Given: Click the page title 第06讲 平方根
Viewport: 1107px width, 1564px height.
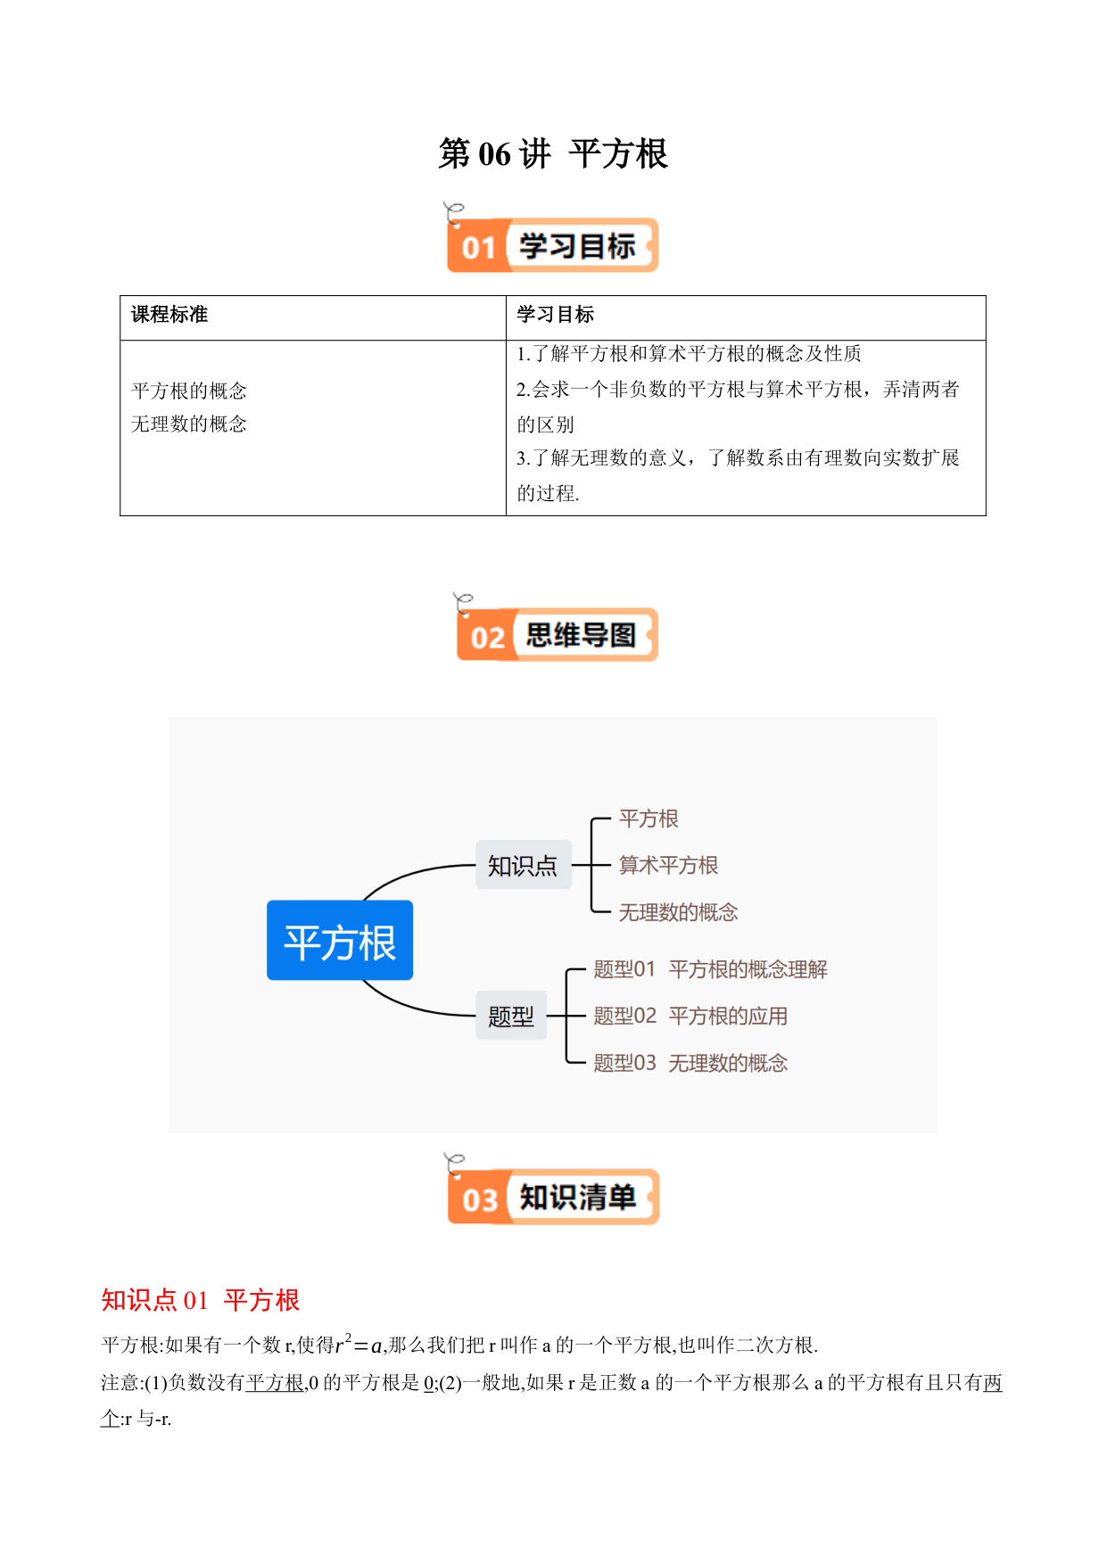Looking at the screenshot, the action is [x=553, y=154].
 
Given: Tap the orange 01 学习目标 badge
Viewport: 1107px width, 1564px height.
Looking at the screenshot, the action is [x=552, y=245].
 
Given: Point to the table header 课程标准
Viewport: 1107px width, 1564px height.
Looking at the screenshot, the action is [x=169, y=314].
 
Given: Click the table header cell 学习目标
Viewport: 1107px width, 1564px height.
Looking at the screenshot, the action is [x=555, y=314].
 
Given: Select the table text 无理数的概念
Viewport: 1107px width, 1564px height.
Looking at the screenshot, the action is [x=189, y=424].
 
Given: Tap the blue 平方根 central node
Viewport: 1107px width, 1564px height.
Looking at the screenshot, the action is [x=340, y=941].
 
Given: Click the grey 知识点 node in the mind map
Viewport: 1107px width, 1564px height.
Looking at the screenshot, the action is [x=523, y=865].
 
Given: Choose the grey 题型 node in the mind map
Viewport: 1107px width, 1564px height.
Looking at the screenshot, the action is [x=511, y=1016].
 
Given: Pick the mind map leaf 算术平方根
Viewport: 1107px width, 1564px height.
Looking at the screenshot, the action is [x=668, y=865].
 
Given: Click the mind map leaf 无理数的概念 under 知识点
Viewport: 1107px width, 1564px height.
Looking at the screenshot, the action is [x=679, y=912].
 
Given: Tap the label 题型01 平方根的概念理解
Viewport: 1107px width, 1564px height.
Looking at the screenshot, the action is [x=710, y=969].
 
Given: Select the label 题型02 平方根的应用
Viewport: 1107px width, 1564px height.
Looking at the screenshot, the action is [x=690, y=1016].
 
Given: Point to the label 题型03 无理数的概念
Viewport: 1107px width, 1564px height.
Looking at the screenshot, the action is [x=690, y=1063].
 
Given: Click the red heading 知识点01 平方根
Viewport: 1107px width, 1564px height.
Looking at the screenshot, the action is [x=200, y=1300].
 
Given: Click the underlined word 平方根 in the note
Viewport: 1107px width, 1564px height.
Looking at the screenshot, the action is [x=275, y=1382].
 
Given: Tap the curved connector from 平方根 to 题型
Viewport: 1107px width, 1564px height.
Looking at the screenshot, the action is [x=411, y=1006].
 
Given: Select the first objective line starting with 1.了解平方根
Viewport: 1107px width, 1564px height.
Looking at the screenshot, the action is [x=689, y=354].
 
